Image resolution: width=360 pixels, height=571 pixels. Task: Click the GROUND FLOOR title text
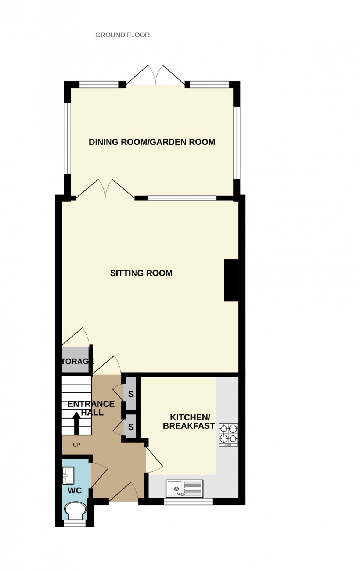[x=122, y=35]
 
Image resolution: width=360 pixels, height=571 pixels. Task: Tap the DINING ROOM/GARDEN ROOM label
[x=152, y=142]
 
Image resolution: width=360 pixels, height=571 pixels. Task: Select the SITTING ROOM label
[x=141, y=273]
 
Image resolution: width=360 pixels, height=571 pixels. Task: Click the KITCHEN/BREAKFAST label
[x=188, y=422]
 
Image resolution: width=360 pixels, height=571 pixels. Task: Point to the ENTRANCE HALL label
[x=91, y=408]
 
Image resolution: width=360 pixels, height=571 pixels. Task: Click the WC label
[x=75, y=491]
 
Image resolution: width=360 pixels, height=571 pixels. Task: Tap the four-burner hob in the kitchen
[x=228, y=435]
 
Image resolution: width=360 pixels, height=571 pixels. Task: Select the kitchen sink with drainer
[x=184, y=488]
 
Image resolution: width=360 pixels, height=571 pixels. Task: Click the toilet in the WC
[x=75, y=510]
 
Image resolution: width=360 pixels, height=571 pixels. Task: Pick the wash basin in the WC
[x=68, y=475]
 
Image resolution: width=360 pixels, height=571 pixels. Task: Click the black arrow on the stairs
[x=76, y=423]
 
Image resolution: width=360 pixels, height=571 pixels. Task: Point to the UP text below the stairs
[x=76, y=445]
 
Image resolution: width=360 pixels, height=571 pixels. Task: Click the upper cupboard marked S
[x=131, y=394]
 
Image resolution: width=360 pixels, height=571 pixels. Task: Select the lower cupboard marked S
[x=131, y=427]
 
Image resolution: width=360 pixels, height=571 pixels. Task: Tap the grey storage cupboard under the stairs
[x=76, y=361]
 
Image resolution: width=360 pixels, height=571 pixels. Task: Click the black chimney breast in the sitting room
[x=231, y=280]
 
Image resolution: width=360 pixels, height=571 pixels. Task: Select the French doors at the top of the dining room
[x=155, y=76]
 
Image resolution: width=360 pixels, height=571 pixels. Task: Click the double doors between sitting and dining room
[x=105, y=189]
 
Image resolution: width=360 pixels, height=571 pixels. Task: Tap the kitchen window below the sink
[x=188, y=502]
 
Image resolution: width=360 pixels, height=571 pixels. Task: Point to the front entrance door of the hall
[x=123, y=492]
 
